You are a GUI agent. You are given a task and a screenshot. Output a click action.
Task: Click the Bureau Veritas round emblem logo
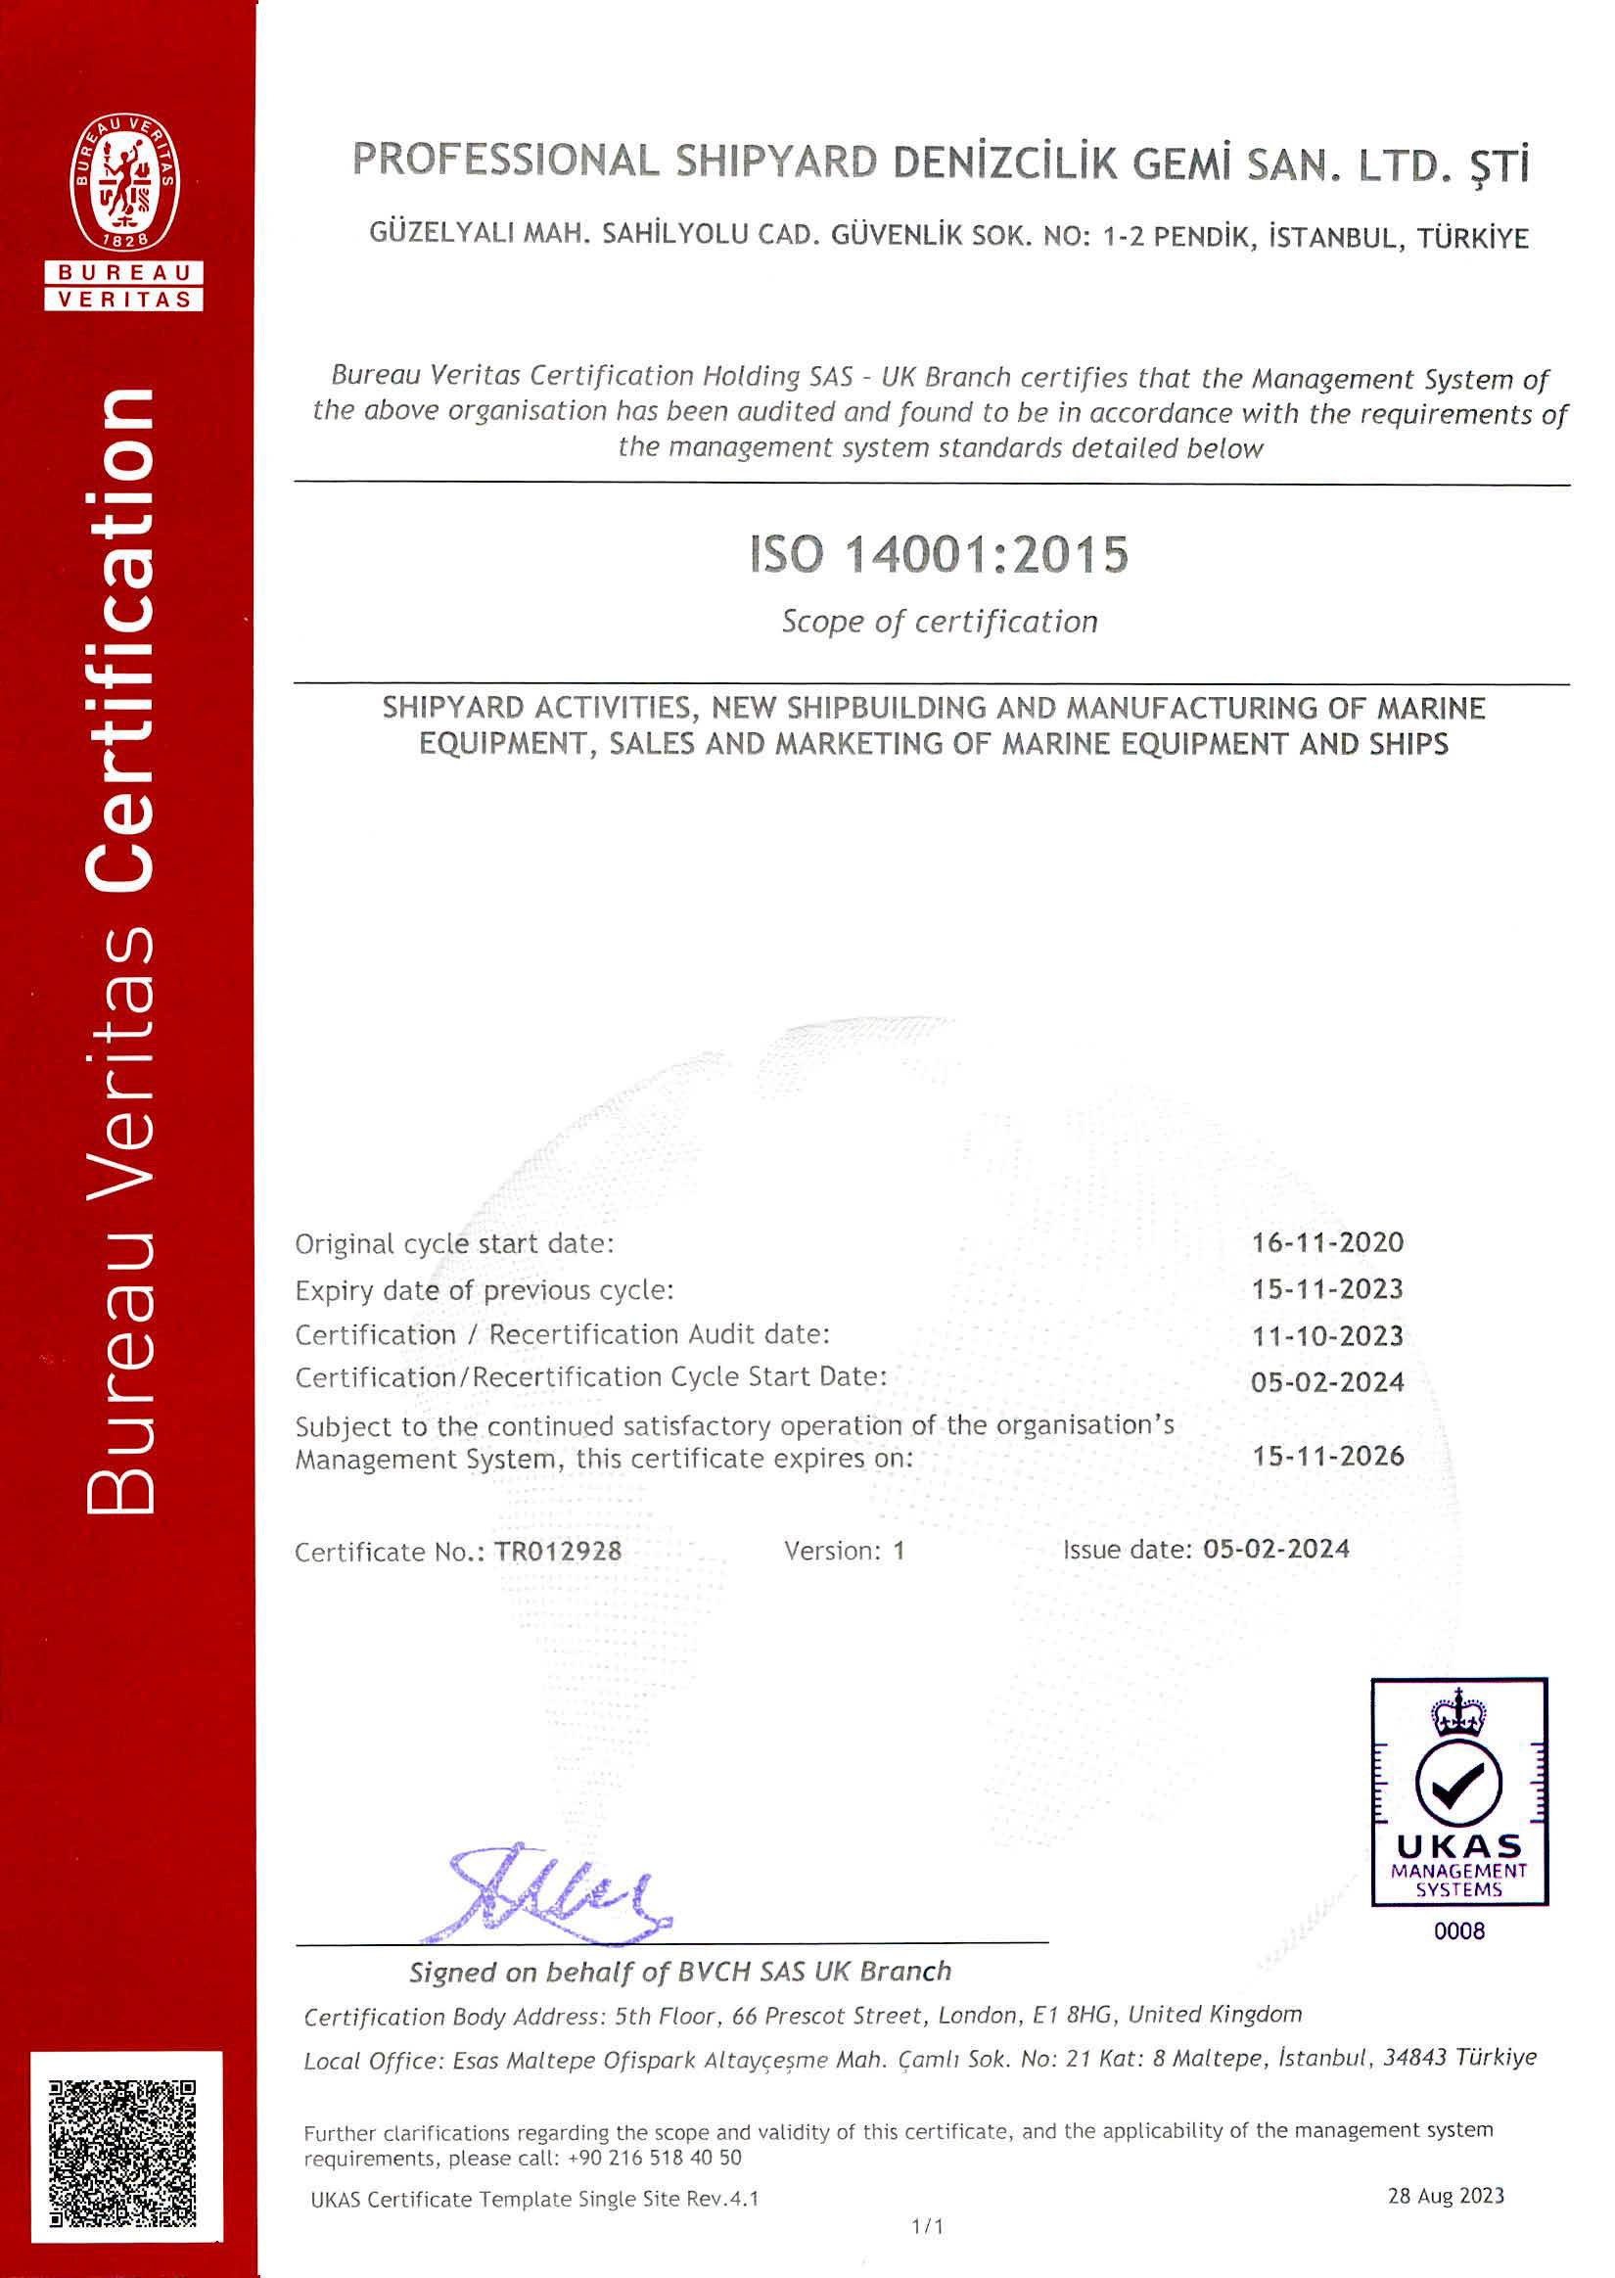124,181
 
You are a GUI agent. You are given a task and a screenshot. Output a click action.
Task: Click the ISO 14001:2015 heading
939,554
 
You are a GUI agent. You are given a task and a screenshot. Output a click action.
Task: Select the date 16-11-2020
1326,1242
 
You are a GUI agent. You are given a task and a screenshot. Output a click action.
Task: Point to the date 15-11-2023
1326,1288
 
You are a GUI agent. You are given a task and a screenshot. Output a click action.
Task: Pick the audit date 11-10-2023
1326,1335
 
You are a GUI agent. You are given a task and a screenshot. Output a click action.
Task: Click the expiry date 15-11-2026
1326,1456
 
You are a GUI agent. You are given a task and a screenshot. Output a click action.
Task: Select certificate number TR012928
558,1552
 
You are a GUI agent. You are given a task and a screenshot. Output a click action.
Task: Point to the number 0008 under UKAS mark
1458,1930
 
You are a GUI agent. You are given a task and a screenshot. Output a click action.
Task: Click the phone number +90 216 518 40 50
655,2158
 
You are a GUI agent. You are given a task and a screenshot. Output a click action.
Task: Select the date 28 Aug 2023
1445,2196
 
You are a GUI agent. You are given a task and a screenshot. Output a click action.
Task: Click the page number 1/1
927,2226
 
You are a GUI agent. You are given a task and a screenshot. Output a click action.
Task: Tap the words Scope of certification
939,622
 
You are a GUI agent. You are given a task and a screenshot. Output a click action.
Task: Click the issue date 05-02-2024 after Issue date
1275,1548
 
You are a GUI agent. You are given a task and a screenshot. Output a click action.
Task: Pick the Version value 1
898,1550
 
